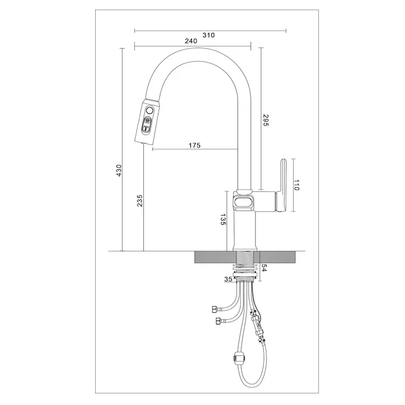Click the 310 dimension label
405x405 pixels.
[x=209, y=35]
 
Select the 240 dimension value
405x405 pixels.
[x=191, y=41]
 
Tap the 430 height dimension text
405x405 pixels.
[x=119, y=171]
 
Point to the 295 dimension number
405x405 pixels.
[x=266, y=120]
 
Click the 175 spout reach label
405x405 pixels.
[x=194, y=145]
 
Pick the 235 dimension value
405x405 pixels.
[x=140, y=200]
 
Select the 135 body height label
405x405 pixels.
[x=223, y=219]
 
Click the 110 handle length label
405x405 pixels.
[x=296, y=185]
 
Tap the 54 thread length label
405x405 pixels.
[x=264, y=268]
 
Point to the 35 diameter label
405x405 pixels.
[x=228, y=279]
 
